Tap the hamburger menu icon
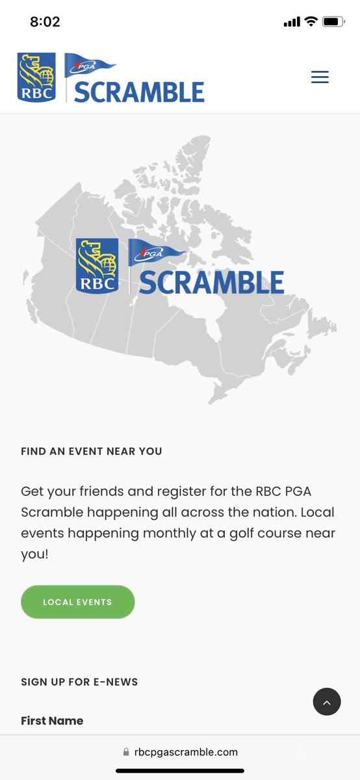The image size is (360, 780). tap(320, 77)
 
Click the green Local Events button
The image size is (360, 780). tap(77, 602)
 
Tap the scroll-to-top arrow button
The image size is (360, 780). tap(327, 702)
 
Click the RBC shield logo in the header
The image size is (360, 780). tap(36, 77)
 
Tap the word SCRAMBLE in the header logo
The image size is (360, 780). tap(139, 92)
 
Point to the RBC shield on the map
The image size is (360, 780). tap(97, 265)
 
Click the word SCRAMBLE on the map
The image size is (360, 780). tap(211, 282)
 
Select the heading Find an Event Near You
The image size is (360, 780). tap(92, 451)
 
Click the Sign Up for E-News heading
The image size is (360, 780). tap(79, 682)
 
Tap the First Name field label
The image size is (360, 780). tap(52, 721)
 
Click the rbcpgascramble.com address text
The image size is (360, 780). tap(186, 752)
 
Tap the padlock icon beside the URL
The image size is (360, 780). tap(126, 752)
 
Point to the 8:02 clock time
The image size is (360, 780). tap(45, 21)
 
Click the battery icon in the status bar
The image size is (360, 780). tap(333, 21)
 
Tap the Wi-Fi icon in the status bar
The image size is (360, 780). tap(311, 21)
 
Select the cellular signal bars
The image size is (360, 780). tap(292, 21)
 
